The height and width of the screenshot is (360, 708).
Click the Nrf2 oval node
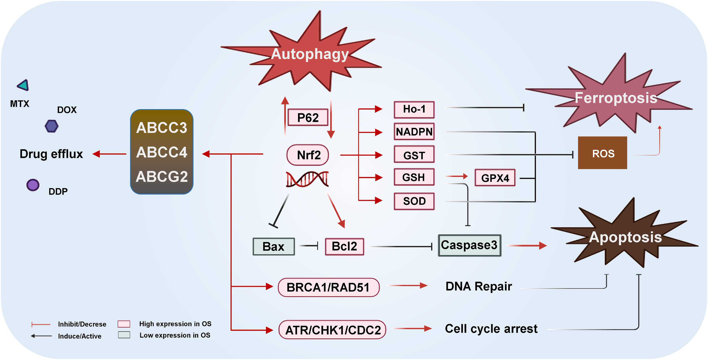[x=307, y=155]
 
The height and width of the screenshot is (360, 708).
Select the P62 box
[x=308, y=118]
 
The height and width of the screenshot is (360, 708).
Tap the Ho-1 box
[x=414, y=109]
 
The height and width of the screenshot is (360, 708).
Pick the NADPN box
[x=414, y=132]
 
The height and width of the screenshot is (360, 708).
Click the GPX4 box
[x=495, y=178]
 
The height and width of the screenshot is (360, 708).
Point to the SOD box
[x=414, y=201]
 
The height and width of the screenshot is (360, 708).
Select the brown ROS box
[x=602, y=153]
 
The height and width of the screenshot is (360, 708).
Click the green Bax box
[x=273, y=247]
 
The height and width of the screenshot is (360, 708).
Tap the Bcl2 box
[x=344, y=247]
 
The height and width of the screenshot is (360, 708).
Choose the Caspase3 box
[x=469, y=245]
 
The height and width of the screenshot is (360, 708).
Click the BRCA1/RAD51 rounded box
[x=328, y=287]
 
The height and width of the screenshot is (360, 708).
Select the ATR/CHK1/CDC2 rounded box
[x=332, y=330]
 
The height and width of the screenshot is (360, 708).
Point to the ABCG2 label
[x=162, y=176]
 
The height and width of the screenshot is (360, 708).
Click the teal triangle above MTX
[x=24, y=85]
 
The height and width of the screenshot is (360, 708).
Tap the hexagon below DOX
[x=51, y=126]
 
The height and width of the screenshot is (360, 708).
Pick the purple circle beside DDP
[x=33, y=185]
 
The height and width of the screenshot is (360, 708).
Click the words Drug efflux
[x=51, y=154]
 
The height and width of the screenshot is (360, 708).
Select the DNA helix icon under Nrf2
[x=307, y=179]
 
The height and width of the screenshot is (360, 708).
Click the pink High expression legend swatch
[x=124, y=324]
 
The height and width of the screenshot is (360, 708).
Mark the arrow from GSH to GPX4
[x=456, y=176]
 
